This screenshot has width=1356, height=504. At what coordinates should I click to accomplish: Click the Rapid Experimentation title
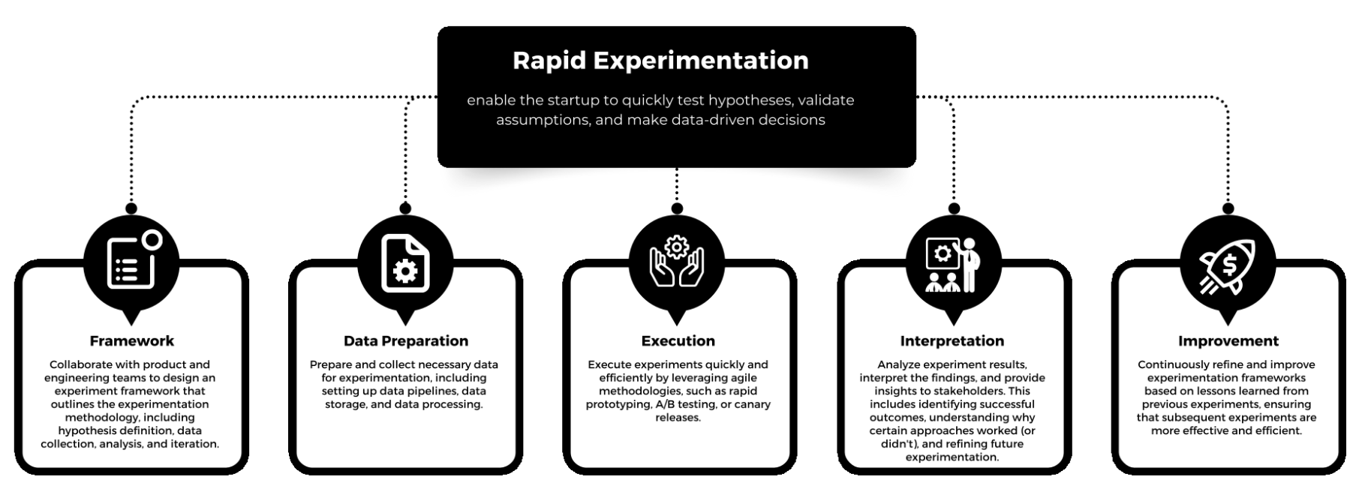click(x=660, y=61)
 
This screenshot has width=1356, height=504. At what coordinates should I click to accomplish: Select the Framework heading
click(x=131, y=341)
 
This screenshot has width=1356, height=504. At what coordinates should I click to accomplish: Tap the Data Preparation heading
click(x=406, y=341)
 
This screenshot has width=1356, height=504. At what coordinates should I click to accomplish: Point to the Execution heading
click(x=678, y=341)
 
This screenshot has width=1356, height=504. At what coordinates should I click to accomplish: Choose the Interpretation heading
click(x=952, y=341)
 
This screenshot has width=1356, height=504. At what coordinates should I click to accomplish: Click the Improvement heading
click(x=1228, y=341)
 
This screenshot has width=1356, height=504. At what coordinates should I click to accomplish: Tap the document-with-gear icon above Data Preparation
click(x=406, y=262)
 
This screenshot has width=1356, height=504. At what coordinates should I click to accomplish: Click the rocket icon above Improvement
click(x=1228, y=265)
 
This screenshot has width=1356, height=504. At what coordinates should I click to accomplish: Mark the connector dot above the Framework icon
click(x=131, y=208)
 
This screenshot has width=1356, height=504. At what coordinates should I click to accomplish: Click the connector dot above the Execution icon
click(x=677, y=208)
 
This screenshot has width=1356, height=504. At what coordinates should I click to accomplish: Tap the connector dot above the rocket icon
click(x=1228, y=208)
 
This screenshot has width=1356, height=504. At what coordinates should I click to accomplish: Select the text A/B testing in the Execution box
click(x=684, y=404)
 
